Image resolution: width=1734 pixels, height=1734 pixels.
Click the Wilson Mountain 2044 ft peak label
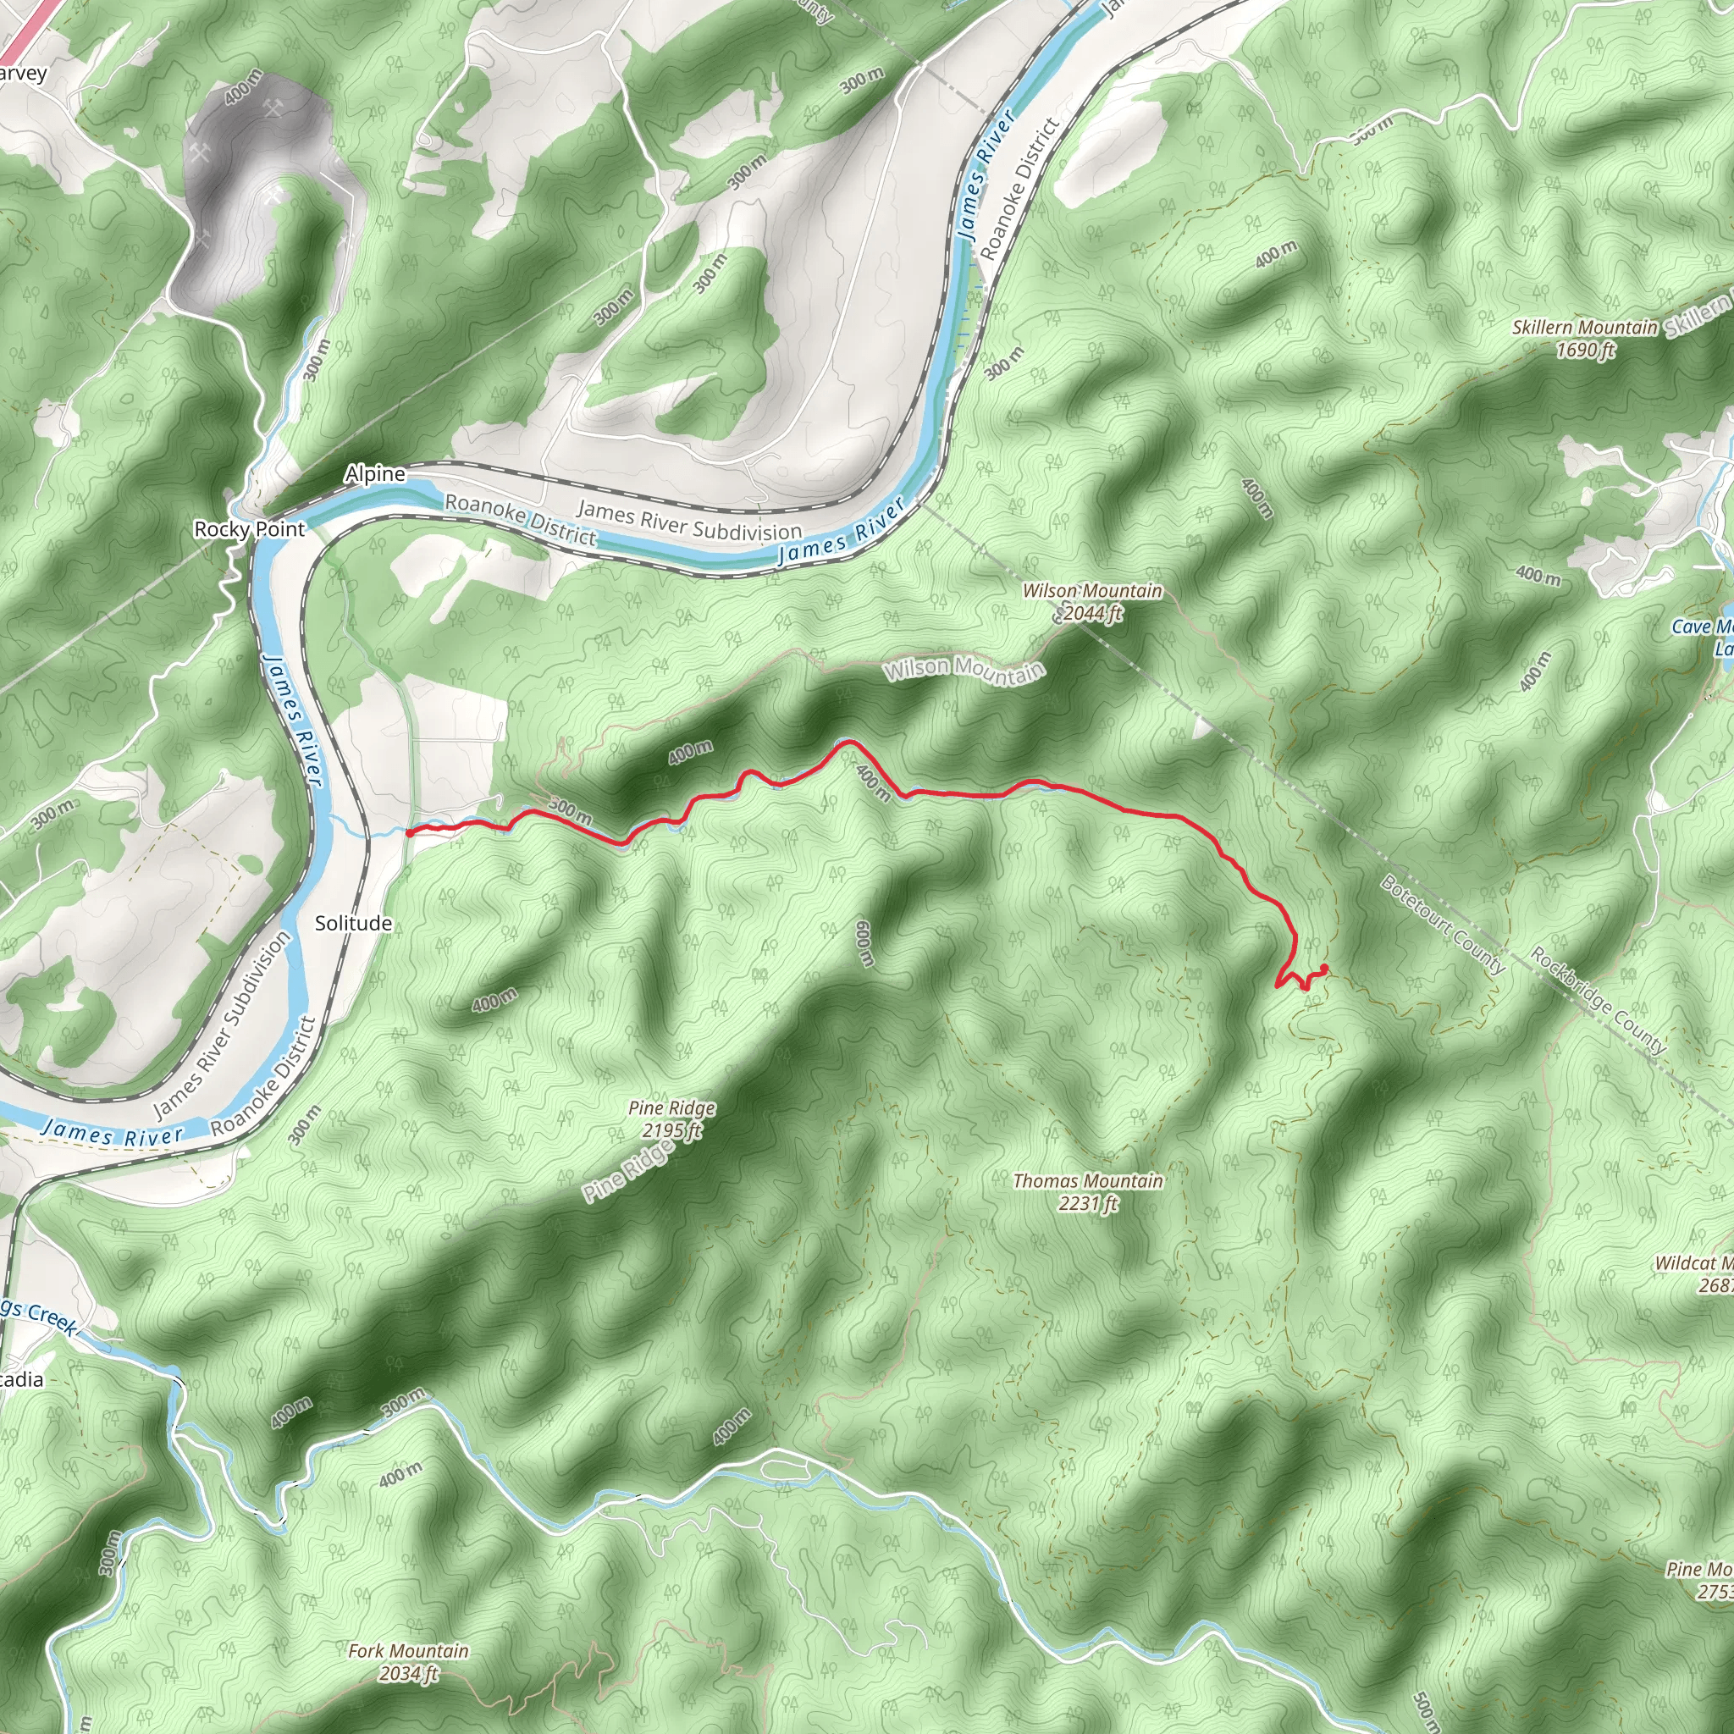click(x=1092, y=602)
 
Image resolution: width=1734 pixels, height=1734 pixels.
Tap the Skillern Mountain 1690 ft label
click(x=1584, y=339)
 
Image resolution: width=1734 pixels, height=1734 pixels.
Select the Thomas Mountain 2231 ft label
click(x=1088, y=1192)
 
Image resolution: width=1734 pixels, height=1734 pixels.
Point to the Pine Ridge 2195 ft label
click(x=672, y=1119)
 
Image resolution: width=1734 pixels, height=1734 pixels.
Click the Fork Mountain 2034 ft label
click(x=408, y=1662)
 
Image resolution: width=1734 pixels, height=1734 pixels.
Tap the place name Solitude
click(x=353, y=924)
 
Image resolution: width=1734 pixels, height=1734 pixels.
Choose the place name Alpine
click(x=375, y=474)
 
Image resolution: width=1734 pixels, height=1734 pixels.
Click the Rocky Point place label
click(x=250, y=529)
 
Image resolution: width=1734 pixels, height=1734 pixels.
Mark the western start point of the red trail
click(x=409, y=833)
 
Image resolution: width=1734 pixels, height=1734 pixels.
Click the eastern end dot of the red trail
click(x=1325, y=968)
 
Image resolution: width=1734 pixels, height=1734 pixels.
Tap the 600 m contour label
click(x=865, y=943)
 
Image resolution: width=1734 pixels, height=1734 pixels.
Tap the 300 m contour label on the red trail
click(x=569, y=810)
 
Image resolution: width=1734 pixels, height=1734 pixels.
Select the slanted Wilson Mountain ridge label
click(x=964, y=670)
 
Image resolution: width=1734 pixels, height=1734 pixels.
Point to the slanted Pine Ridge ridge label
click(x=627, y=1173)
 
